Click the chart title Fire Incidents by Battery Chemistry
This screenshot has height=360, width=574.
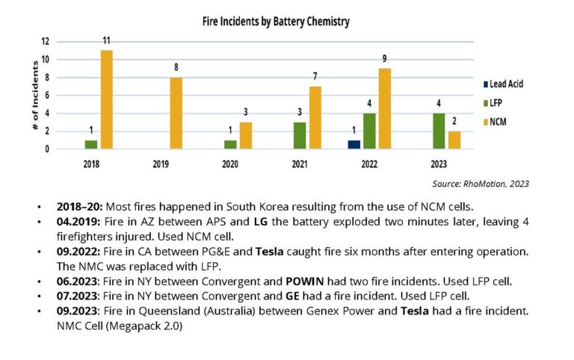[276, 22]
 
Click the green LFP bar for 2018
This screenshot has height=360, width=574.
[91, 144]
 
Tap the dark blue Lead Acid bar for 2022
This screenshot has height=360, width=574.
[354, 144]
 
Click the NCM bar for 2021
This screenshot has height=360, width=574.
[315, 117]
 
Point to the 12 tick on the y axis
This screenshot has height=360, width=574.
[45, 41]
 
